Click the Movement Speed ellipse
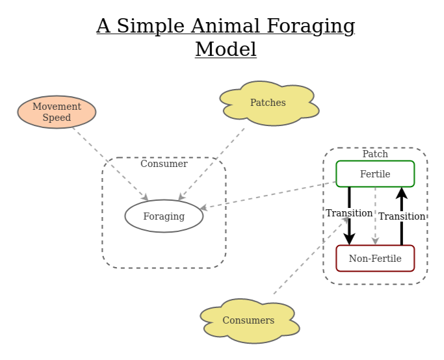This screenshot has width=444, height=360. [57, 112]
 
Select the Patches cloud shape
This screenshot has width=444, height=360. [268, 103]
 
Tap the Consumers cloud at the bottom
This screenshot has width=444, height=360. [248, 320]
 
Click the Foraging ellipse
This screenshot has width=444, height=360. [164, 216]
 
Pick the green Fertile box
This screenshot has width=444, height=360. [375, 174]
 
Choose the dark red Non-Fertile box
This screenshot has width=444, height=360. [375, 258]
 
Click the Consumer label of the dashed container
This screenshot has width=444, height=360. [164, 164]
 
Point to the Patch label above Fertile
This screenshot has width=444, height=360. [375, 154]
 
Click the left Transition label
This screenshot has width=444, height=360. [349, 213]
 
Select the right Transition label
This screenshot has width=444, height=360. [402, 216]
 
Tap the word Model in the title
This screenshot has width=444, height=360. [226, 49]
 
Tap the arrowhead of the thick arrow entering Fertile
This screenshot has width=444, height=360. [402, 192]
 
